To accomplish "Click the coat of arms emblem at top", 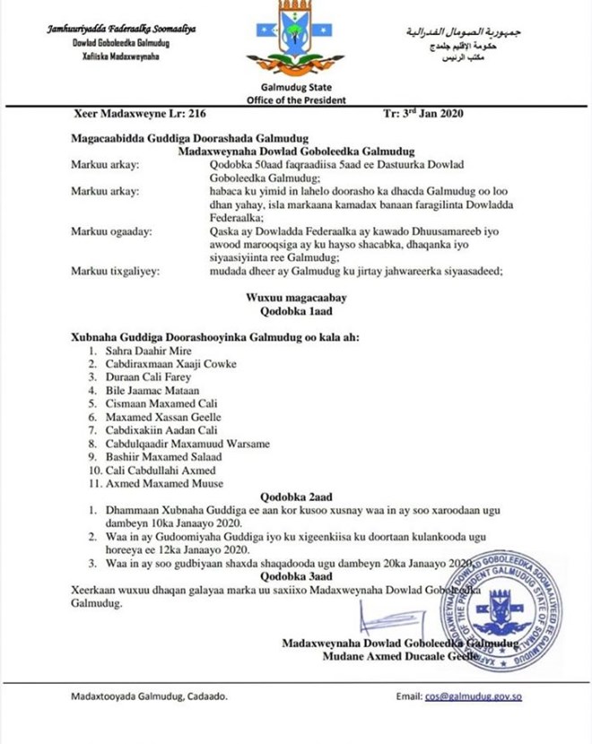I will click(296, 39).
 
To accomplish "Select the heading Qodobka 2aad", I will click(295, 496).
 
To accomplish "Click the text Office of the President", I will click(296, 99).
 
